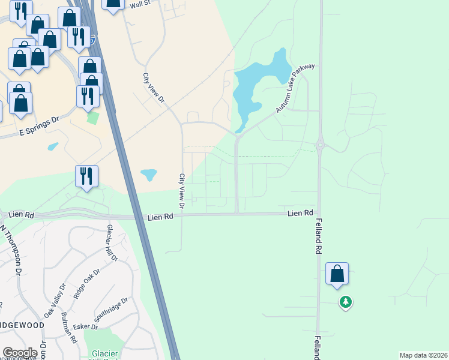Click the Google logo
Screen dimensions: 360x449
pyautogui.click(x=20, y=353)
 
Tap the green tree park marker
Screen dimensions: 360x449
pyautogui.click(x=345, y=301)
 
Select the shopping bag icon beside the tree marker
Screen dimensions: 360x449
pyautogui.click(x=337, y=274)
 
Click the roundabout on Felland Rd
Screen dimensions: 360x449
pyautogui.click(x=320, y=145)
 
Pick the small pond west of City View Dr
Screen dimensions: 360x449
pyautogui.click(x=148, y=175)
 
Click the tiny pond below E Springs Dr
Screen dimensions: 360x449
pyautogui.click(x=53, y=146)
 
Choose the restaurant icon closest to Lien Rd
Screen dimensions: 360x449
pyautogui.click(x=87, y=176)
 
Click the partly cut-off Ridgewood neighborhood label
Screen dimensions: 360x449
pyautogui.click(x=23, y=325)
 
